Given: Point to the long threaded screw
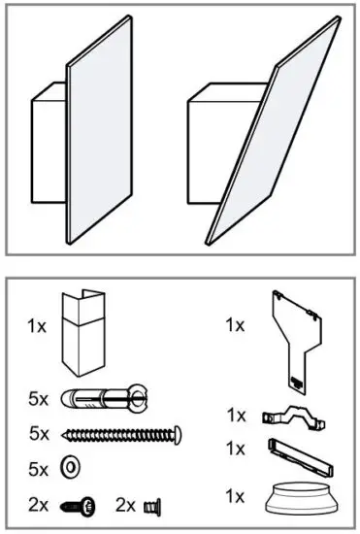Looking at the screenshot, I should click(x=122, y=433).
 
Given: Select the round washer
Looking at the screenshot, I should click(x=70, y=467).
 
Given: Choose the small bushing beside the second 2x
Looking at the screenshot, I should click(x=151, y=504).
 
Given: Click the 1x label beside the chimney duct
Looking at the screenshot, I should click(x=37, y=327).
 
